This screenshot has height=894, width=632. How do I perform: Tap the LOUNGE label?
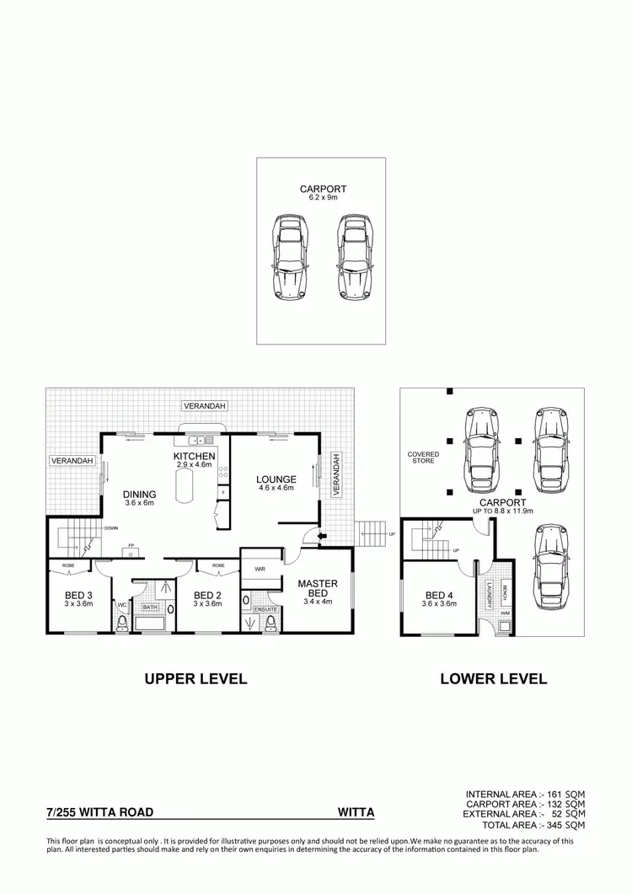[276, 479]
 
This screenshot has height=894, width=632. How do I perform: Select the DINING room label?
[140, 495]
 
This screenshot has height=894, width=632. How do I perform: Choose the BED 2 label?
[206, 594]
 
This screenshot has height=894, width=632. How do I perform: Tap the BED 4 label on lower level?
[438, 594]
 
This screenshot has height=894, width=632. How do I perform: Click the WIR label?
[260, 570]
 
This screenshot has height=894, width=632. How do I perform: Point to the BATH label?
[150, 607]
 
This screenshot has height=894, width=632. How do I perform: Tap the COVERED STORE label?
[424, 458]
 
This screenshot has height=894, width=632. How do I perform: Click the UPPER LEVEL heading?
[195, 678]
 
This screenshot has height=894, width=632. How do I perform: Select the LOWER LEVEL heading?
[494, 678]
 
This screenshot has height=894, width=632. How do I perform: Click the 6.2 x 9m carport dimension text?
[323, 198]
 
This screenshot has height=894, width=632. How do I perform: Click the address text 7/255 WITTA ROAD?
[99, 812]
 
